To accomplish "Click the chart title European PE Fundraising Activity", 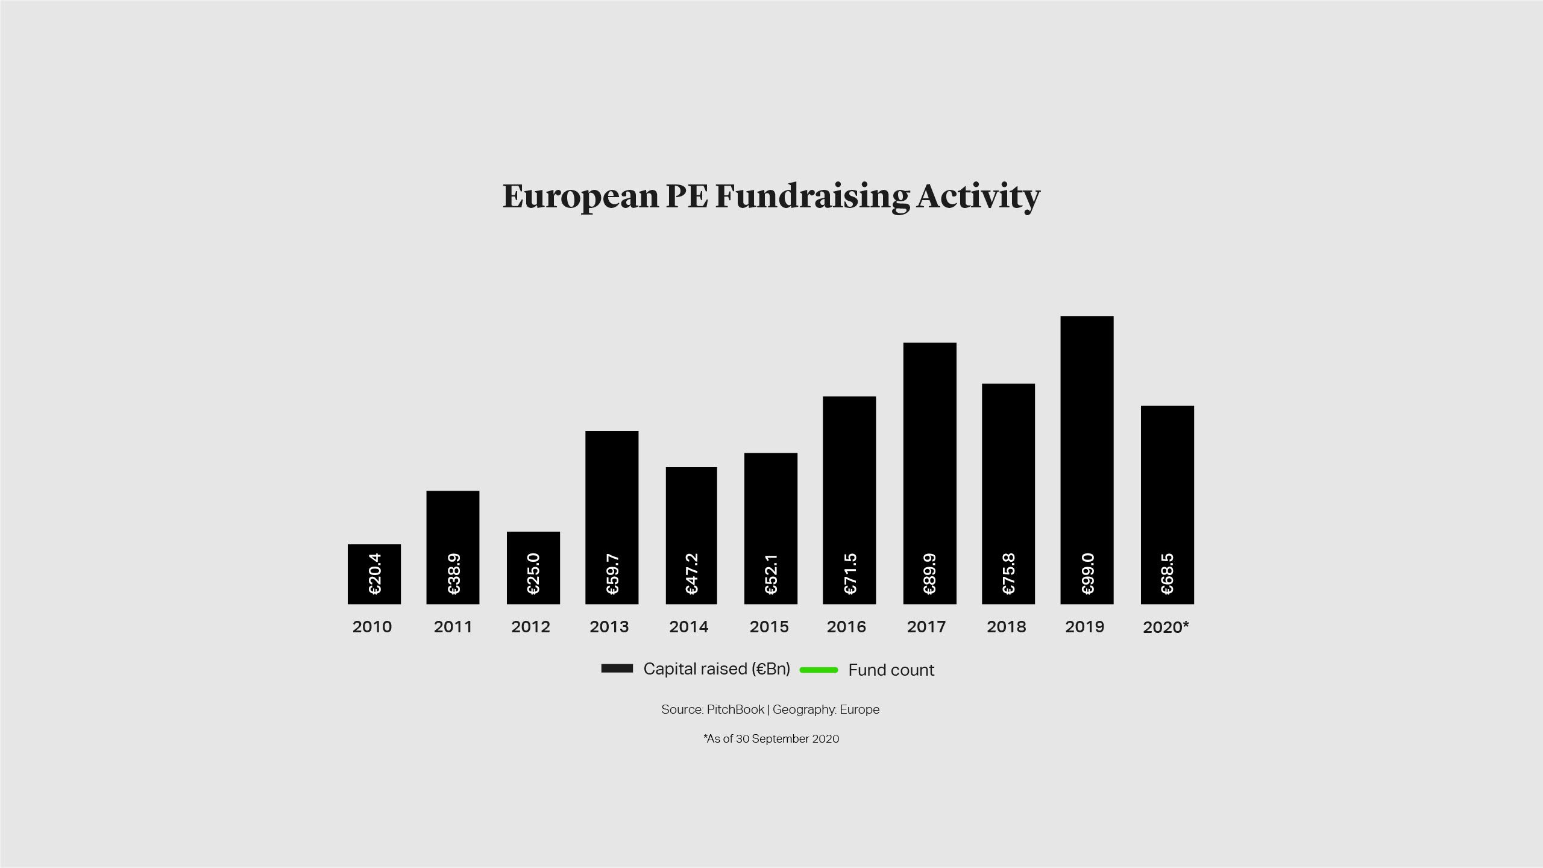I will tap(771, 197).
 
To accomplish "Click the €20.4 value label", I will tap(374, 574).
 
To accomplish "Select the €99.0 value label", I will tap(1087, 574).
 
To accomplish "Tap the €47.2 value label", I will tap(691, 574).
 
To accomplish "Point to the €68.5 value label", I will tap(1167, 574).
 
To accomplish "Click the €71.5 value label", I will tap(849, 574).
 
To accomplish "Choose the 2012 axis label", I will tap(530, 627).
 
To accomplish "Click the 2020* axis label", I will tap(1166, 627).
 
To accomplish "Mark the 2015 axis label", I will tap(769, 627).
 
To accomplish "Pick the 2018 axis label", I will tap(1006, 627).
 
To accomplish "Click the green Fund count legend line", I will tap(819, 670).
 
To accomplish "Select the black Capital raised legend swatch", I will tap(617, 668).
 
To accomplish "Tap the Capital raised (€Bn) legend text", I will tap(717, 669).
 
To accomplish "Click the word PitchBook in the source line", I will tap(735, 709).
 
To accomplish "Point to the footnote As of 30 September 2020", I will tap(771, 739).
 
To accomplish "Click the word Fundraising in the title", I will tap(812, 197).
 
